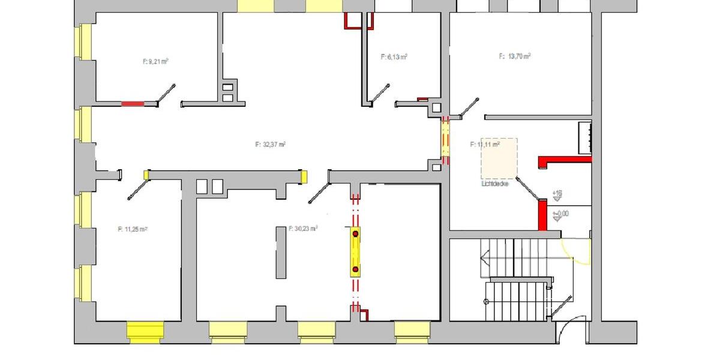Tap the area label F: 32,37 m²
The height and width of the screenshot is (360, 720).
click(x=270, y=144)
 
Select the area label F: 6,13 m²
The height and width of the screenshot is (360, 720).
click(x=394, y=57)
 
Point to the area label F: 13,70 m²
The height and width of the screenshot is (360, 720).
click(x=515, y=56)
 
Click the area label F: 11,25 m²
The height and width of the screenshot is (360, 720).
click(x=133, y=229)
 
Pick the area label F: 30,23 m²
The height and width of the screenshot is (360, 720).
click(x=303, y=229)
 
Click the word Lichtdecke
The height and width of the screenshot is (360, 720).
click(x=495, y=184)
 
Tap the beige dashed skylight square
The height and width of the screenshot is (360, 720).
click(x=499, y=158)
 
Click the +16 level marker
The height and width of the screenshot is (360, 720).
click(x=557, y=194)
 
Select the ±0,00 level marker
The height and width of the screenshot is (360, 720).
click(x=560, y=214)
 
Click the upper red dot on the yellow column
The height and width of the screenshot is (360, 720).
click(x=355, y=233)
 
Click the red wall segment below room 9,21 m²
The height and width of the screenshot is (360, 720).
click(x=133, y=104)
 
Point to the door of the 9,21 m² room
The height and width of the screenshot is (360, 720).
click(x=166, y=95)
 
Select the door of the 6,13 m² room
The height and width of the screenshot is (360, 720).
click(x=380, y=94)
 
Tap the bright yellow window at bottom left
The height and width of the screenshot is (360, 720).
click(x=145, y=331)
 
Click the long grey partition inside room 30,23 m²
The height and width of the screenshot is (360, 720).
click(x=281, y=253)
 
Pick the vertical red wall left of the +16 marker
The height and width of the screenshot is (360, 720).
click(x=542, y=215)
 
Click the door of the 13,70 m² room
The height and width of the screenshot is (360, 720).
click(x=469, y=107)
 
